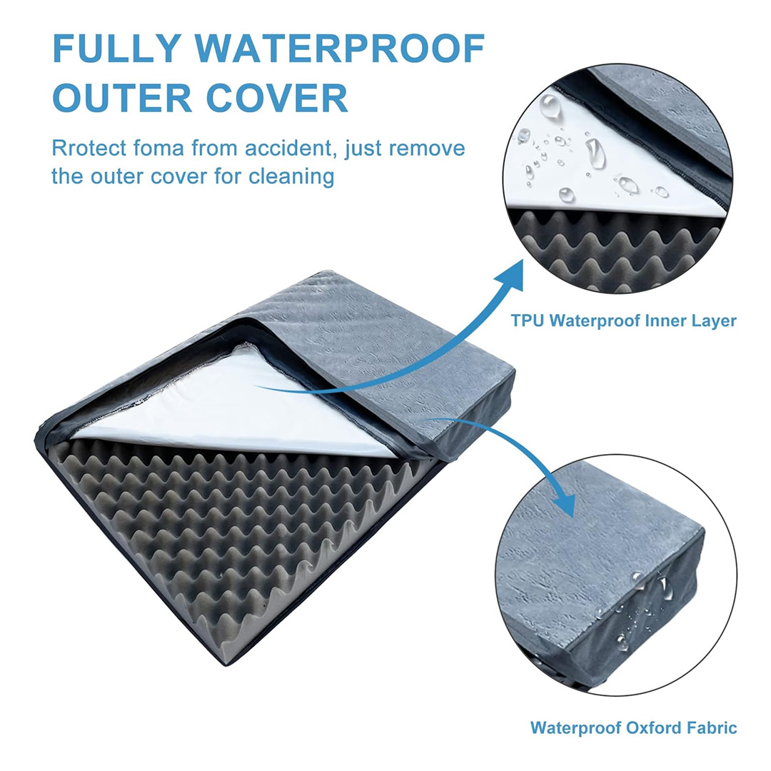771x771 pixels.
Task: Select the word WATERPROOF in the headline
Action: [x=340, y=49]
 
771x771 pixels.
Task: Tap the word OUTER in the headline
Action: [x=122, y=97]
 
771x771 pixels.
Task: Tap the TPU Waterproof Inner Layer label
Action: [x=623, y=321]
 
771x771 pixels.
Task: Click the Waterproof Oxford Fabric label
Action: [x=633, y=727]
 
